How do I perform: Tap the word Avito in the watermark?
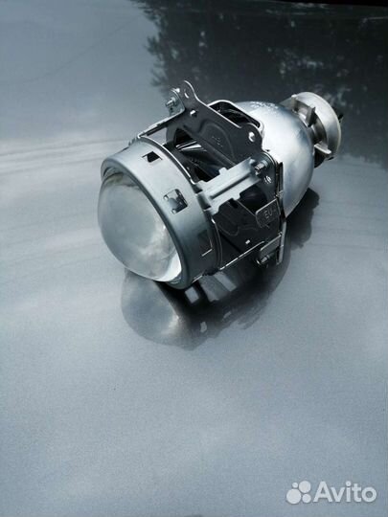[x=345, y=492]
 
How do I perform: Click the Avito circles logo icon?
[x=299, y=492]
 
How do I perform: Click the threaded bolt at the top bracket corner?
[x=172, y=102]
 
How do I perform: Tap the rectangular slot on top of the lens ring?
[x=152, y=157]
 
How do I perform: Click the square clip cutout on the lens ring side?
[x=176, y=200]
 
